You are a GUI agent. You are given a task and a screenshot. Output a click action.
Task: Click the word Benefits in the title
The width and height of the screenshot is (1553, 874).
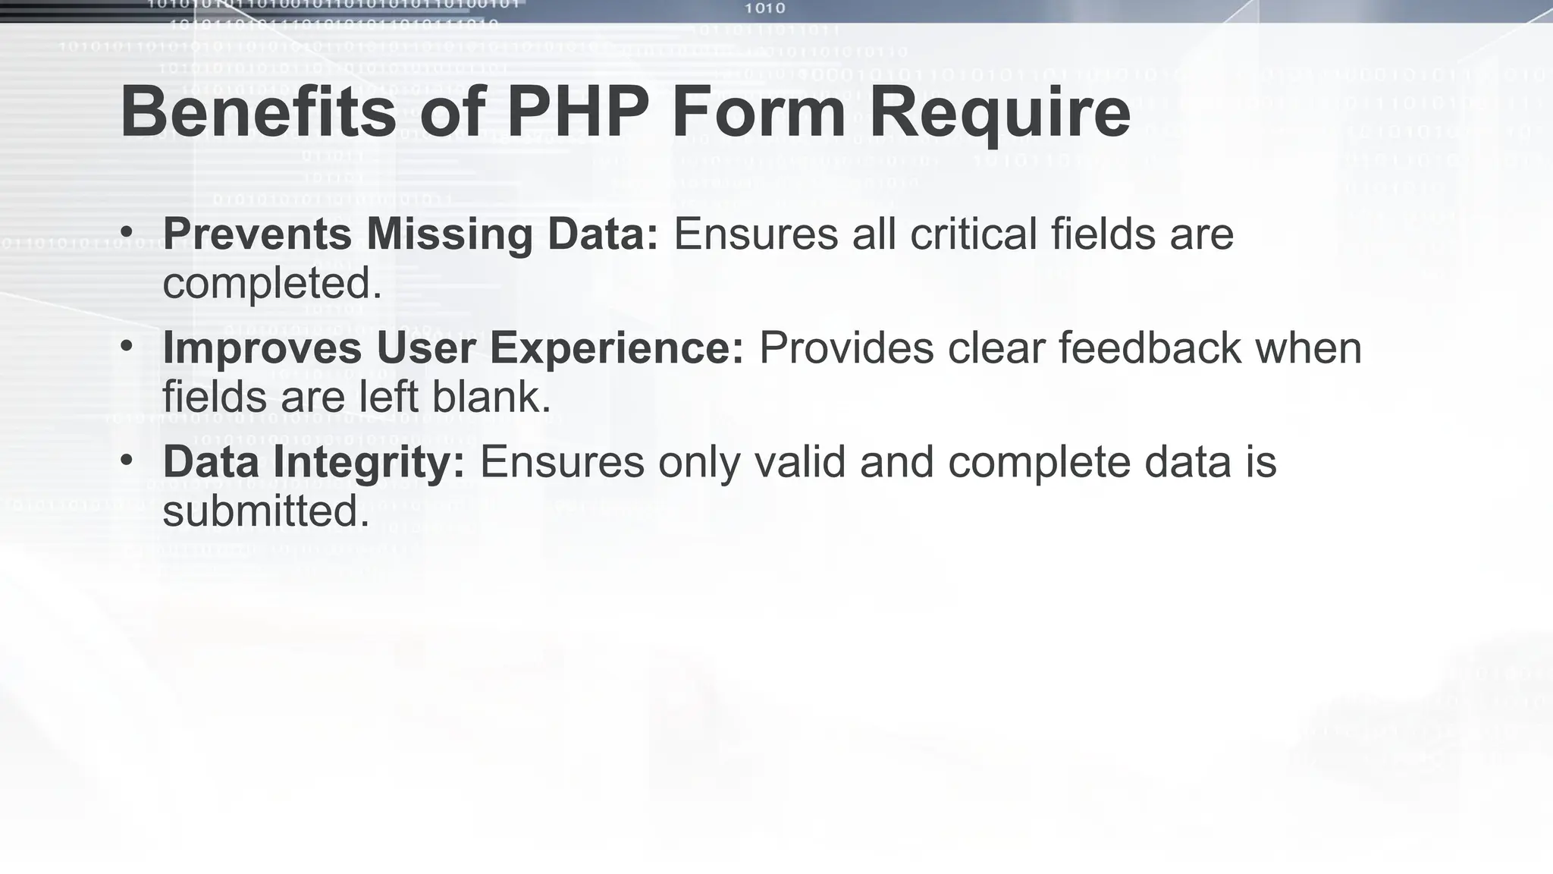click(258, 112)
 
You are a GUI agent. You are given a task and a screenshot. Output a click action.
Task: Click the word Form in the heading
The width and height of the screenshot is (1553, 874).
click(758, 112)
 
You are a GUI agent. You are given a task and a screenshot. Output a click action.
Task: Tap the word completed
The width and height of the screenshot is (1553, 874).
click(272, 283)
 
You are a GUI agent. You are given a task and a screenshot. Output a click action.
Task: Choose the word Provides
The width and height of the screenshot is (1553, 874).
click(846, 347)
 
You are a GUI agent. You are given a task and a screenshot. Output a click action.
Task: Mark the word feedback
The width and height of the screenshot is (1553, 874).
click(1150, 347)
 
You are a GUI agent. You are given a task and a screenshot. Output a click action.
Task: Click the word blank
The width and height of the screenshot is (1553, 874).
click(491, 397)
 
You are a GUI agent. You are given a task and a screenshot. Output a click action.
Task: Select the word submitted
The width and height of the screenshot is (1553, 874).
click(266, 511)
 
